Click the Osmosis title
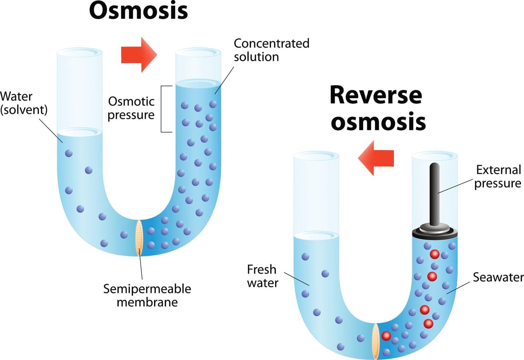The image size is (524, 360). click(138, 11)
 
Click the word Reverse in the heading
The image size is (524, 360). click(376, 95)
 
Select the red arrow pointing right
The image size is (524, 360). click(139, 54)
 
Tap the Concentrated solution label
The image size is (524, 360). click(271, 50)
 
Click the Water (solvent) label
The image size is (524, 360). click(23, 103)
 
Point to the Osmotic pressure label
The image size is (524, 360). click(131, 108)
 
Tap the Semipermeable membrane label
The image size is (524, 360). click(147, 295)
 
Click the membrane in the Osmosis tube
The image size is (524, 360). click(139, 238)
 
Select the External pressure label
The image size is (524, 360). click(498, 176)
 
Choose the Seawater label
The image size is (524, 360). click(498, 277)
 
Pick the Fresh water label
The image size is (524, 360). click(262, 276)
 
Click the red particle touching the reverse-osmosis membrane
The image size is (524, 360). click(386, 336)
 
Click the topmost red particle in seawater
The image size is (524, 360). click(435, 254)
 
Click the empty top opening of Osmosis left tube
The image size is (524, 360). click(79, 53)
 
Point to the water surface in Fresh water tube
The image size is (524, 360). click(316, 235)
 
